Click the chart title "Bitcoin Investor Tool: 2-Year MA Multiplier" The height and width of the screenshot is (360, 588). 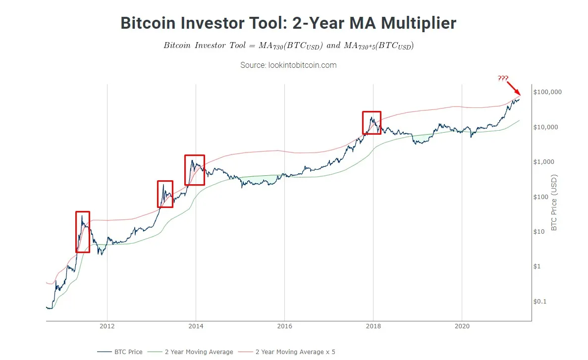pos(288,23)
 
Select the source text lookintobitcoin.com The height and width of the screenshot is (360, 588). pos(288,65)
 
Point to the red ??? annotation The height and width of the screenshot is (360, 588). pos(503,78)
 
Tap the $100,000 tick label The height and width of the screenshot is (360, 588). pos(547,92)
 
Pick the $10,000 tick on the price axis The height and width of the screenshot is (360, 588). pos(546,127)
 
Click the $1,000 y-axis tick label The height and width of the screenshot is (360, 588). pos(544,162)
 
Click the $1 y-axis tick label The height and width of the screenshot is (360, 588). pos(537,266)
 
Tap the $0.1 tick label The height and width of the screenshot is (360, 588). pos(540,302)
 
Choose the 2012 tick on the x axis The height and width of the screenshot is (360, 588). pos(107,326)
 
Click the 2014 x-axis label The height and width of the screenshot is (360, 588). pos(196,326)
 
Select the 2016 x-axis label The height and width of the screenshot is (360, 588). pos(284,326)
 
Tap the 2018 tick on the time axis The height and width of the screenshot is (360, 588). pos(373,326)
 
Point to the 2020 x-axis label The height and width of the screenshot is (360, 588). pos(462,326)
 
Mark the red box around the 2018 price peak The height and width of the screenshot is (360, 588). pos(372,122)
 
